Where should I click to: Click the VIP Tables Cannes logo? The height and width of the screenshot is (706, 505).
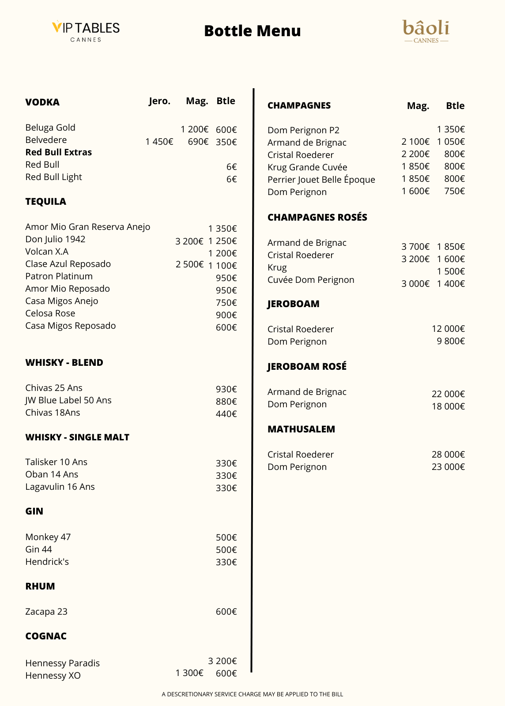click(86, 31)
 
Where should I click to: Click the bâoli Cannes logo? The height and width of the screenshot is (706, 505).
click(426, 31)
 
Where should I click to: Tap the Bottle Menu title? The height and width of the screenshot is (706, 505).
click(253, 31)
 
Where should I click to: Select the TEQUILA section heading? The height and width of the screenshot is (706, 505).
click(46, 202)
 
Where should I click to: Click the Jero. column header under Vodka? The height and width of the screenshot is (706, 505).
click(159, 101)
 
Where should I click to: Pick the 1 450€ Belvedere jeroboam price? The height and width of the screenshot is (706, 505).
click(159, 142)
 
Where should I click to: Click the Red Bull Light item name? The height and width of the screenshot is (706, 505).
click(53, 177)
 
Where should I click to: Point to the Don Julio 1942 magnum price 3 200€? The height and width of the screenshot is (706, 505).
click(189, 241)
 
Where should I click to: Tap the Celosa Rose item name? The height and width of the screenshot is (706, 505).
click(50, 313)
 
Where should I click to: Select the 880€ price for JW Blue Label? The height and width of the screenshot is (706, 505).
click(226, 402)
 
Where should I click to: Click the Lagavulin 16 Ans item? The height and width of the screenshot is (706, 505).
click(60, 487)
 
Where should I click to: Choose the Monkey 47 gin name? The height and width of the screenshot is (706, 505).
click(48, 537)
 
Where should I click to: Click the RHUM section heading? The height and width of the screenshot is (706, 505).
click(40, 586)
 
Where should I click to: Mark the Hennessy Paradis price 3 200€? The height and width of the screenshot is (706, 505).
click(222, 661)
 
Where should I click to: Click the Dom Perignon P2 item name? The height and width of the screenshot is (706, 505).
click(303, 130)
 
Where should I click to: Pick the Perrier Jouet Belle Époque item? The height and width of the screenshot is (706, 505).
click(321, 180)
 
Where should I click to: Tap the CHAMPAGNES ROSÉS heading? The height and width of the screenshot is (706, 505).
click(317, 217)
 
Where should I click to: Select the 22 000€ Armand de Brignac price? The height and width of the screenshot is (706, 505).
click(448, 394)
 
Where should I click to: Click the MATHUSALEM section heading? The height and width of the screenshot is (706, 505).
click(301, 429)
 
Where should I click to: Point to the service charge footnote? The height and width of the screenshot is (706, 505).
click(253, 694)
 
